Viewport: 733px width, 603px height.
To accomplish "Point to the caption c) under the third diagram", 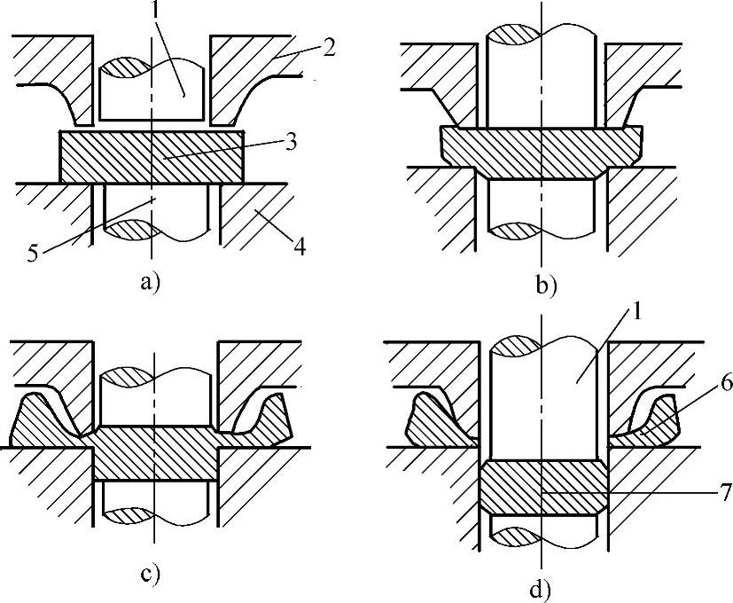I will (x=150, y=574).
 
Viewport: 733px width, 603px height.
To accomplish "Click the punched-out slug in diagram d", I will (x=542, y=487).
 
